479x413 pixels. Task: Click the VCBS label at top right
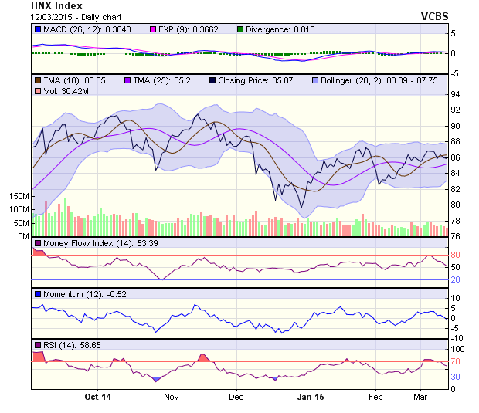click(x=435, y=15)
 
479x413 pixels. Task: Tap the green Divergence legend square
click(x=240, y=30)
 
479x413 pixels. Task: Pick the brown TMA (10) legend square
click(x=37, y=80)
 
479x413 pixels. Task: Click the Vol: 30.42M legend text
click(x=59, y=92)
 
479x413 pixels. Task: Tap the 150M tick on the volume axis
click(x=19, y=197)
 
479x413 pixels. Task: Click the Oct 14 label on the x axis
click(x=98, y=397)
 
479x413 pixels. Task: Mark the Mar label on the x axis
click(x=420, y=397)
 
